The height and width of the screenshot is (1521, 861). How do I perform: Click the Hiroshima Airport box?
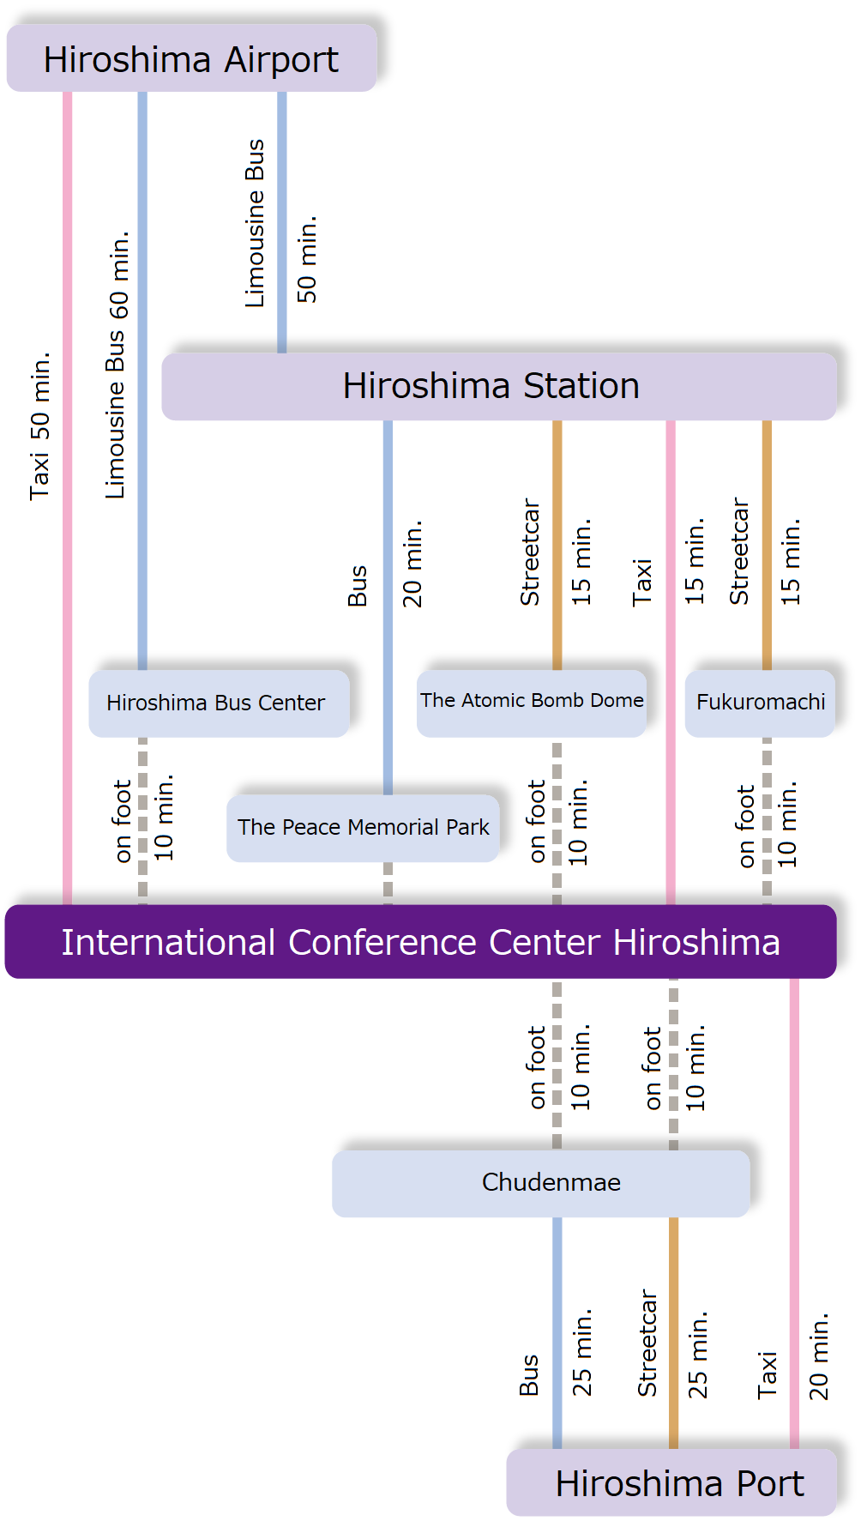(x=191, y=58)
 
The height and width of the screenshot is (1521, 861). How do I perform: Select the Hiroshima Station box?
(x=498, y=386)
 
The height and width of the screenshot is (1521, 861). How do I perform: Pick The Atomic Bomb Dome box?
(x=531, y=703)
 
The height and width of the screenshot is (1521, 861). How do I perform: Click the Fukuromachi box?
(x=760, y=703)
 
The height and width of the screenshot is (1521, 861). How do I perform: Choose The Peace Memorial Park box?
(x=363, y=828)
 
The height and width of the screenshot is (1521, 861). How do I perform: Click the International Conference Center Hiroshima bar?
(x=420, y=941)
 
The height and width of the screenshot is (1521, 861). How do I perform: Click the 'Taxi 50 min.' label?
(x=40, y=426)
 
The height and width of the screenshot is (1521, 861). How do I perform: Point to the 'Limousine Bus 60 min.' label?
(x=117, y=365)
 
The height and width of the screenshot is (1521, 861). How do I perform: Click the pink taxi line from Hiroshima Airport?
(x=67, y=601)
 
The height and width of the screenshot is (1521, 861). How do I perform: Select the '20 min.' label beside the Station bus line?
(x=412, y=563)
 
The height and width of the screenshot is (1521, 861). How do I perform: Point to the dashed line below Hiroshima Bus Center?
(x=142, y=820)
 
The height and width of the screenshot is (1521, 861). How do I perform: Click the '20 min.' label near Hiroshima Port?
(x=819, y=1355)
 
